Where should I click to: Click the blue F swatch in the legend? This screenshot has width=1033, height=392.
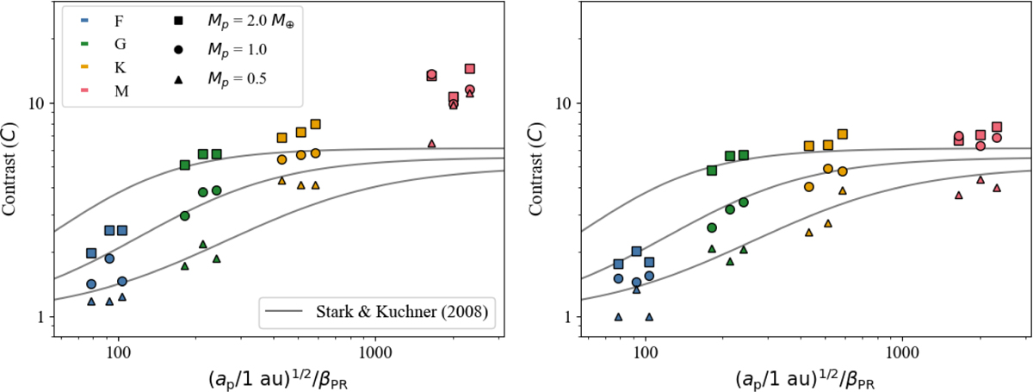[x=84, y=21]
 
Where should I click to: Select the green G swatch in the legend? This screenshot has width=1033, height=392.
[x=84, y=44]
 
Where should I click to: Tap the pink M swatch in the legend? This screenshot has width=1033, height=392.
[x=84, y=90]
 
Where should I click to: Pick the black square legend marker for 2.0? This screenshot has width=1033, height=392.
[x=178, y=21]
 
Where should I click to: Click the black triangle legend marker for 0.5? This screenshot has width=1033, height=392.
[x=178, y=79]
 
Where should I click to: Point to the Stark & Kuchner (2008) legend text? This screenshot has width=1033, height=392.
[x=402, y=312]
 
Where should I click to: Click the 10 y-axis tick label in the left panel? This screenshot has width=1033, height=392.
[x=37, y=103]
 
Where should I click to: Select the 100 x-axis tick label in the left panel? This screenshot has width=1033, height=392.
[x=119, y=353]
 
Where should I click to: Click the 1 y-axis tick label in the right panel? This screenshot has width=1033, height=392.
[x=569, y=318]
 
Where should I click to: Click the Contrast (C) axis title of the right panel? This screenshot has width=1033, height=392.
[x=535, y=169]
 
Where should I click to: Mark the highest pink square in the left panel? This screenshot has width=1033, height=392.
[x=469, y=69]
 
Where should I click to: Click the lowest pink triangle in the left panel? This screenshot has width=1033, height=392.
[x=431, y=144]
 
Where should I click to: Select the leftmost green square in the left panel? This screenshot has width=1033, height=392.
[x=185, y=165]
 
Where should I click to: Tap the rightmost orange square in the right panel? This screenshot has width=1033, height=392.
[x=843, y=134]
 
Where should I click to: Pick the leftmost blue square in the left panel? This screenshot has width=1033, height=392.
[x=91, y=253]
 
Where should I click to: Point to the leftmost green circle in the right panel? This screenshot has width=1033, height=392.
[x=712, y=227]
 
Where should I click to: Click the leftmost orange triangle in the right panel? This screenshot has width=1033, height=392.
[x=809, y=233]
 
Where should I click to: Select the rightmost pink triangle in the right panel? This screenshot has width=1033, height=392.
[x=997, y=188]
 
